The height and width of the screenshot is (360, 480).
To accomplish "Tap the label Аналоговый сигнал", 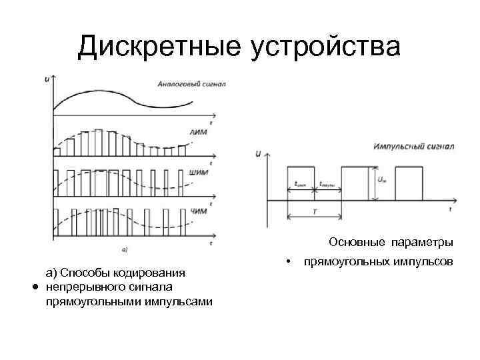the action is tap(191, 84).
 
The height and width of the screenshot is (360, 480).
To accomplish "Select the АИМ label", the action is tap(199, 133).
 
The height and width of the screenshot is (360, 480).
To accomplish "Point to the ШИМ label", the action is tap(199, 172).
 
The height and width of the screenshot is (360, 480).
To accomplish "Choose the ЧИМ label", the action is tap(199, 211).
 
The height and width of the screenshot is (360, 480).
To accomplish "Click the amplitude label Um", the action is tap(381, 179).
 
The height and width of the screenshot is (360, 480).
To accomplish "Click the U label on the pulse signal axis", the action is tap(258, 154).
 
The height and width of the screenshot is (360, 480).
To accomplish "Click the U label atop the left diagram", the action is tap(46, 79).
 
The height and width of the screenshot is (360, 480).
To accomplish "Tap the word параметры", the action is tap(422, 241).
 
